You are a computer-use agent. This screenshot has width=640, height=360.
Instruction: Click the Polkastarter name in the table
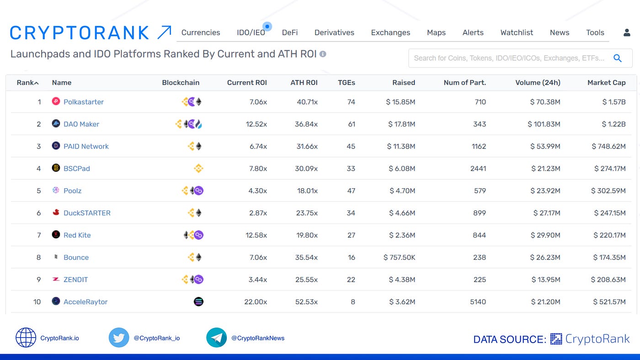83,102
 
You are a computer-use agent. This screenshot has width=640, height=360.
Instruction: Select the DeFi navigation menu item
290,32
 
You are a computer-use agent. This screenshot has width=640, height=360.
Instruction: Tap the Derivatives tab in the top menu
334,32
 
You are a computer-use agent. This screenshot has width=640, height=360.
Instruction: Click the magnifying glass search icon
618,58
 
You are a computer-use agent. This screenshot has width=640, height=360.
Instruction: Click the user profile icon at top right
627,32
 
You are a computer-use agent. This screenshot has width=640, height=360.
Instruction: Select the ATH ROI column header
304,83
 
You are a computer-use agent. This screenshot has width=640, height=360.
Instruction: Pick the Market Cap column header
606,83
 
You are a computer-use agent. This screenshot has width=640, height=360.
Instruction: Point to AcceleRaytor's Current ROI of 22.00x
256,302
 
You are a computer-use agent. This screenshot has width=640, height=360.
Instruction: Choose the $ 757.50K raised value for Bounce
399,257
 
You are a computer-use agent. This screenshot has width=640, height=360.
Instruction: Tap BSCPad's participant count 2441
478,169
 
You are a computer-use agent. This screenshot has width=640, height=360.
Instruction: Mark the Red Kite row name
77,235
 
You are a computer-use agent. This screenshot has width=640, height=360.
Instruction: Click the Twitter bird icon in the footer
119,338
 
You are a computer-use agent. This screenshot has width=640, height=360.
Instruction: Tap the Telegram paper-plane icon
216,338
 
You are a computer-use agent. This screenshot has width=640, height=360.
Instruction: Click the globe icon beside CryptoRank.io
26,338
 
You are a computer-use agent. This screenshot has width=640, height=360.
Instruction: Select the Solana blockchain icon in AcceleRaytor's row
198,302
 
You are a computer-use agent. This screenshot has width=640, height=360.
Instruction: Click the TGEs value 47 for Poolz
351,191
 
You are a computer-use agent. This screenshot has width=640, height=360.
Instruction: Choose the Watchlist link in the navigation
517,32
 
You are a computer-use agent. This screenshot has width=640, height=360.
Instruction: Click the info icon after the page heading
323,54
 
